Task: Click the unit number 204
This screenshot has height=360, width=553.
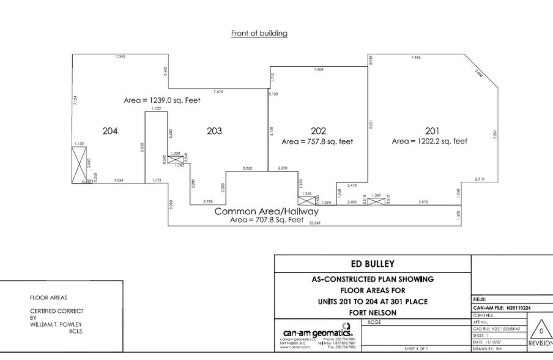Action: pos(110,131)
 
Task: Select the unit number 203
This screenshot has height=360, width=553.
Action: pos(214,131)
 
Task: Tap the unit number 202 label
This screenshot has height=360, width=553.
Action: pos(318,131)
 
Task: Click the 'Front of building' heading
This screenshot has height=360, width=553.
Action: pos(259,33)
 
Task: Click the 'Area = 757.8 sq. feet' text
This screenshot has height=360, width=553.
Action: pos(317,141)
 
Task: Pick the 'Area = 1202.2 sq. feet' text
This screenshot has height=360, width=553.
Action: pos(430,141)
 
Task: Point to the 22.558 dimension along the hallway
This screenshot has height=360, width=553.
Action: pos(316,223)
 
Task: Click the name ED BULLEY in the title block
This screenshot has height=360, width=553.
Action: pos(373,264)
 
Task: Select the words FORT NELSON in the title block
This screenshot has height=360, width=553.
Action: pos(373,312)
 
